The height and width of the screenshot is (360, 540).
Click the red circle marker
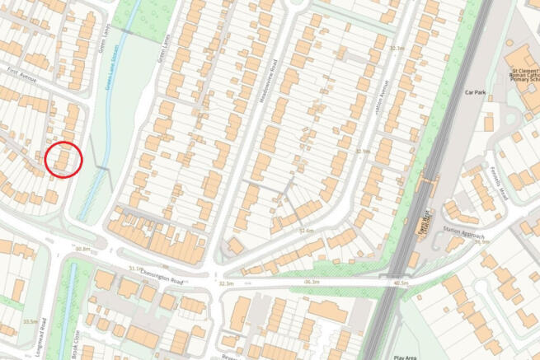(63, 159)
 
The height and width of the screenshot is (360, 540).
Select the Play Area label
(408, 356)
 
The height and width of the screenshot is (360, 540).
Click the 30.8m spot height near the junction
(82, 248)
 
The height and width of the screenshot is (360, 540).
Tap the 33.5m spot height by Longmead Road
(31, 321)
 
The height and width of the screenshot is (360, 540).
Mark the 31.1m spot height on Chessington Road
(135, 268)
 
